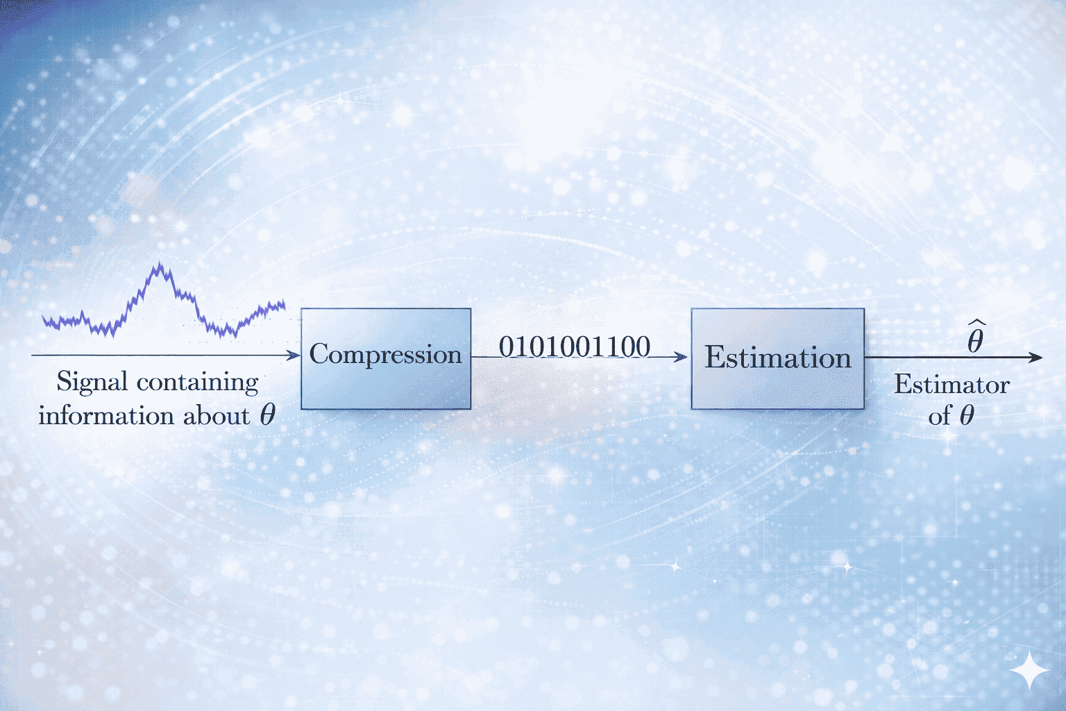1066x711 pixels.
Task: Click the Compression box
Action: tap(386, 358)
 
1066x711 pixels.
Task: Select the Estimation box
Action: tap(777, 358)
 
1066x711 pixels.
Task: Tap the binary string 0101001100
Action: tap(575, 346)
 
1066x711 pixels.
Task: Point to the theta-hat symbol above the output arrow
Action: tap(975, 337)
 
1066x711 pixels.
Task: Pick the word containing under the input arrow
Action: tap(198, 383)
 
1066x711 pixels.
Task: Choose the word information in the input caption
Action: tap(106, 415)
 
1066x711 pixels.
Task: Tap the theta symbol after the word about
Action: tap(268, 415)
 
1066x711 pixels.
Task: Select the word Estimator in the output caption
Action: tap(951, 385)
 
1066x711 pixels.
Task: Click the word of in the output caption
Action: tap(940, 415)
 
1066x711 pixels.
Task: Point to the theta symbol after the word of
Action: tap(966, 415)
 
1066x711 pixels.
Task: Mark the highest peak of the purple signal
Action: tap(160, 263)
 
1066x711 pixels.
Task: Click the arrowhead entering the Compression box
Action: tap(294, 355)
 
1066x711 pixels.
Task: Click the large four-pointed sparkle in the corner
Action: tap(1029, 670)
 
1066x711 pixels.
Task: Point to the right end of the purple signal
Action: tap(284, 305)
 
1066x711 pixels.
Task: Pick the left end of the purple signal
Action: tap(43, 317)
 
